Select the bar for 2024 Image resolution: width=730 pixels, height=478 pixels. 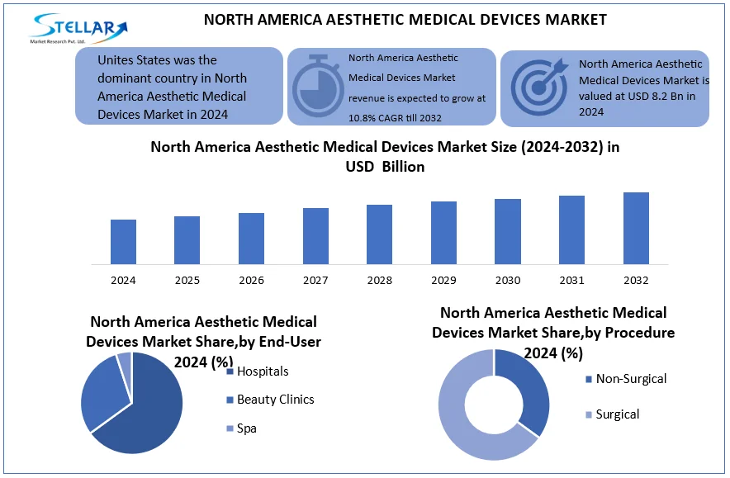tap(123, 242)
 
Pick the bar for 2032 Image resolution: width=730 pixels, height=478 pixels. tap(636, 228)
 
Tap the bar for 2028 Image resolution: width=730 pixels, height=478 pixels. tap(380, 234)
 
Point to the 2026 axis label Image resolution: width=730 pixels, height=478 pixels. tap(251, 281)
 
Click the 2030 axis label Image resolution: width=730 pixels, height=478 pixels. tap(508, 281)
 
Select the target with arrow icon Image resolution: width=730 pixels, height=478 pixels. tap(539, 82)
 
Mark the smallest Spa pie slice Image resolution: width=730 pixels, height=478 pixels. tap(125, 361)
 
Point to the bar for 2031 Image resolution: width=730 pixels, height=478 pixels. tap(571, 230)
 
